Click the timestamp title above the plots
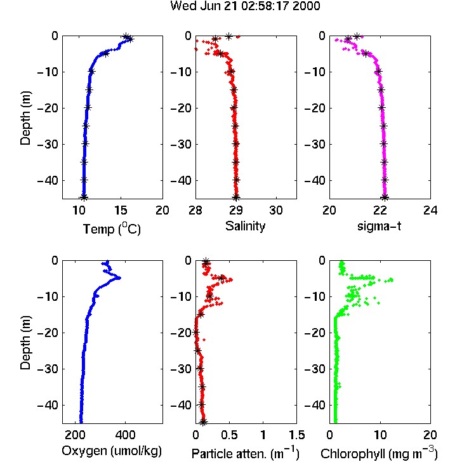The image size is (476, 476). pos(245,6)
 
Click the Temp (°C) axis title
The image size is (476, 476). pos(112,228)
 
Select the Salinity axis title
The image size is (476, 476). pos(245,226)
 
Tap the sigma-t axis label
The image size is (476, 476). pos(379,226)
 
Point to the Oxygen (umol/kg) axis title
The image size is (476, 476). pos(112,451)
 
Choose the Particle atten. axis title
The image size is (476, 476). pos(246,454)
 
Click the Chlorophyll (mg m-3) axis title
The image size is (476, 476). pos(379,454)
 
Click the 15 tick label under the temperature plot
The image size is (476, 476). pos(121,210)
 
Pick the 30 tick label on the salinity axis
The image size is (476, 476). pos(276,210)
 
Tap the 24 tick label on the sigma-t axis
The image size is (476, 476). pos(430,210)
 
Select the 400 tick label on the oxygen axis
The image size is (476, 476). pos(125,435)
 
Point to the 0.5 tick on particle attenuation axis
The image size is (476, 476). pos(229,435)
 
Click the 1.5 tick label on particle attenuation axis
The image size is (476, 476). pos(296,435)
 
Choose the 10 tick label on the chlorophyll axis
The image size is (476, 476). pos(380,435)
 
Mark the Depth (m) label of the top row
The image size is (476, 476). pos(25,118)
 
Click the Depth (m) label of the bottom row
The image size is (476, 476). pos(25,343)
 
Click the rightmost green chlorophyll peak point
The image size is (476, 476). pos(392,280)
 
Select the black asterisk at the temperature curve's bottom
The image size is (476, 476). pos(84,197)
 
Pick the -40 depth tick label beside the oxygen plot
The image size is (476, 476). pos(48,405)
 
